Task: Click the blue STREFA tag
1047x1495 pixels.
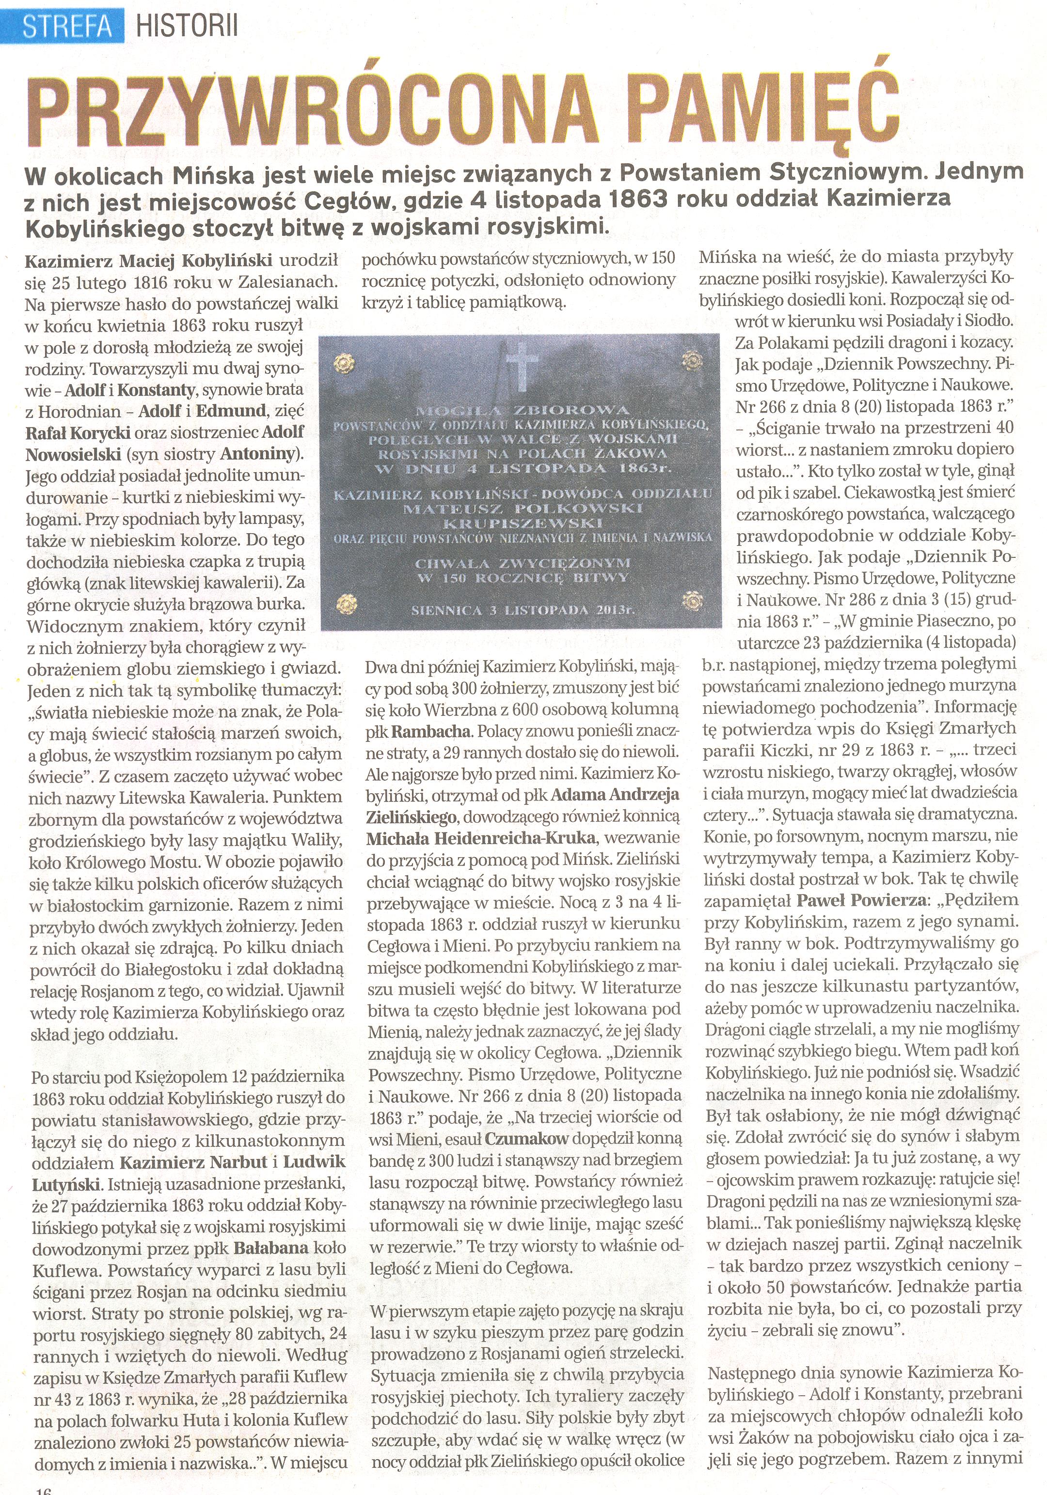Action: [x=64, y=27]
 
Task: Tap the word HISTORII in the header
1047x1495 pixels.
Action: [x=188, y=27]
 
